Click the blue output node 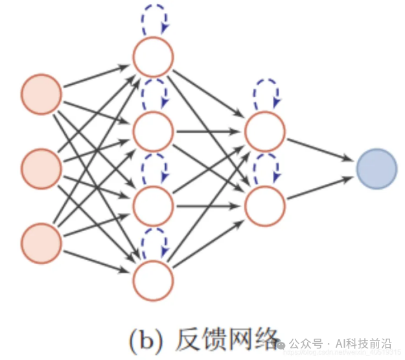coord(376,169)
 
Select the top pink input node coord(41,95)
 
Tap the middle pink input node coord(41,169)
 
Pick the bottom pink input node coord(41,243)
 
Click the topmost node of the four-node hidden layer coord(154,57)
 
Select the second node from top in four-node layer coord(154,131)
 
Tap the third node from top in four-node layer coord(154,206)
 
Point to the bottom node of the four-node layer coord(154,280)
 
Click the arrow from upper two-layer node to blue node coord(320,148)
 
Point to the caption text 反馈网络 coord(224,337)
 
